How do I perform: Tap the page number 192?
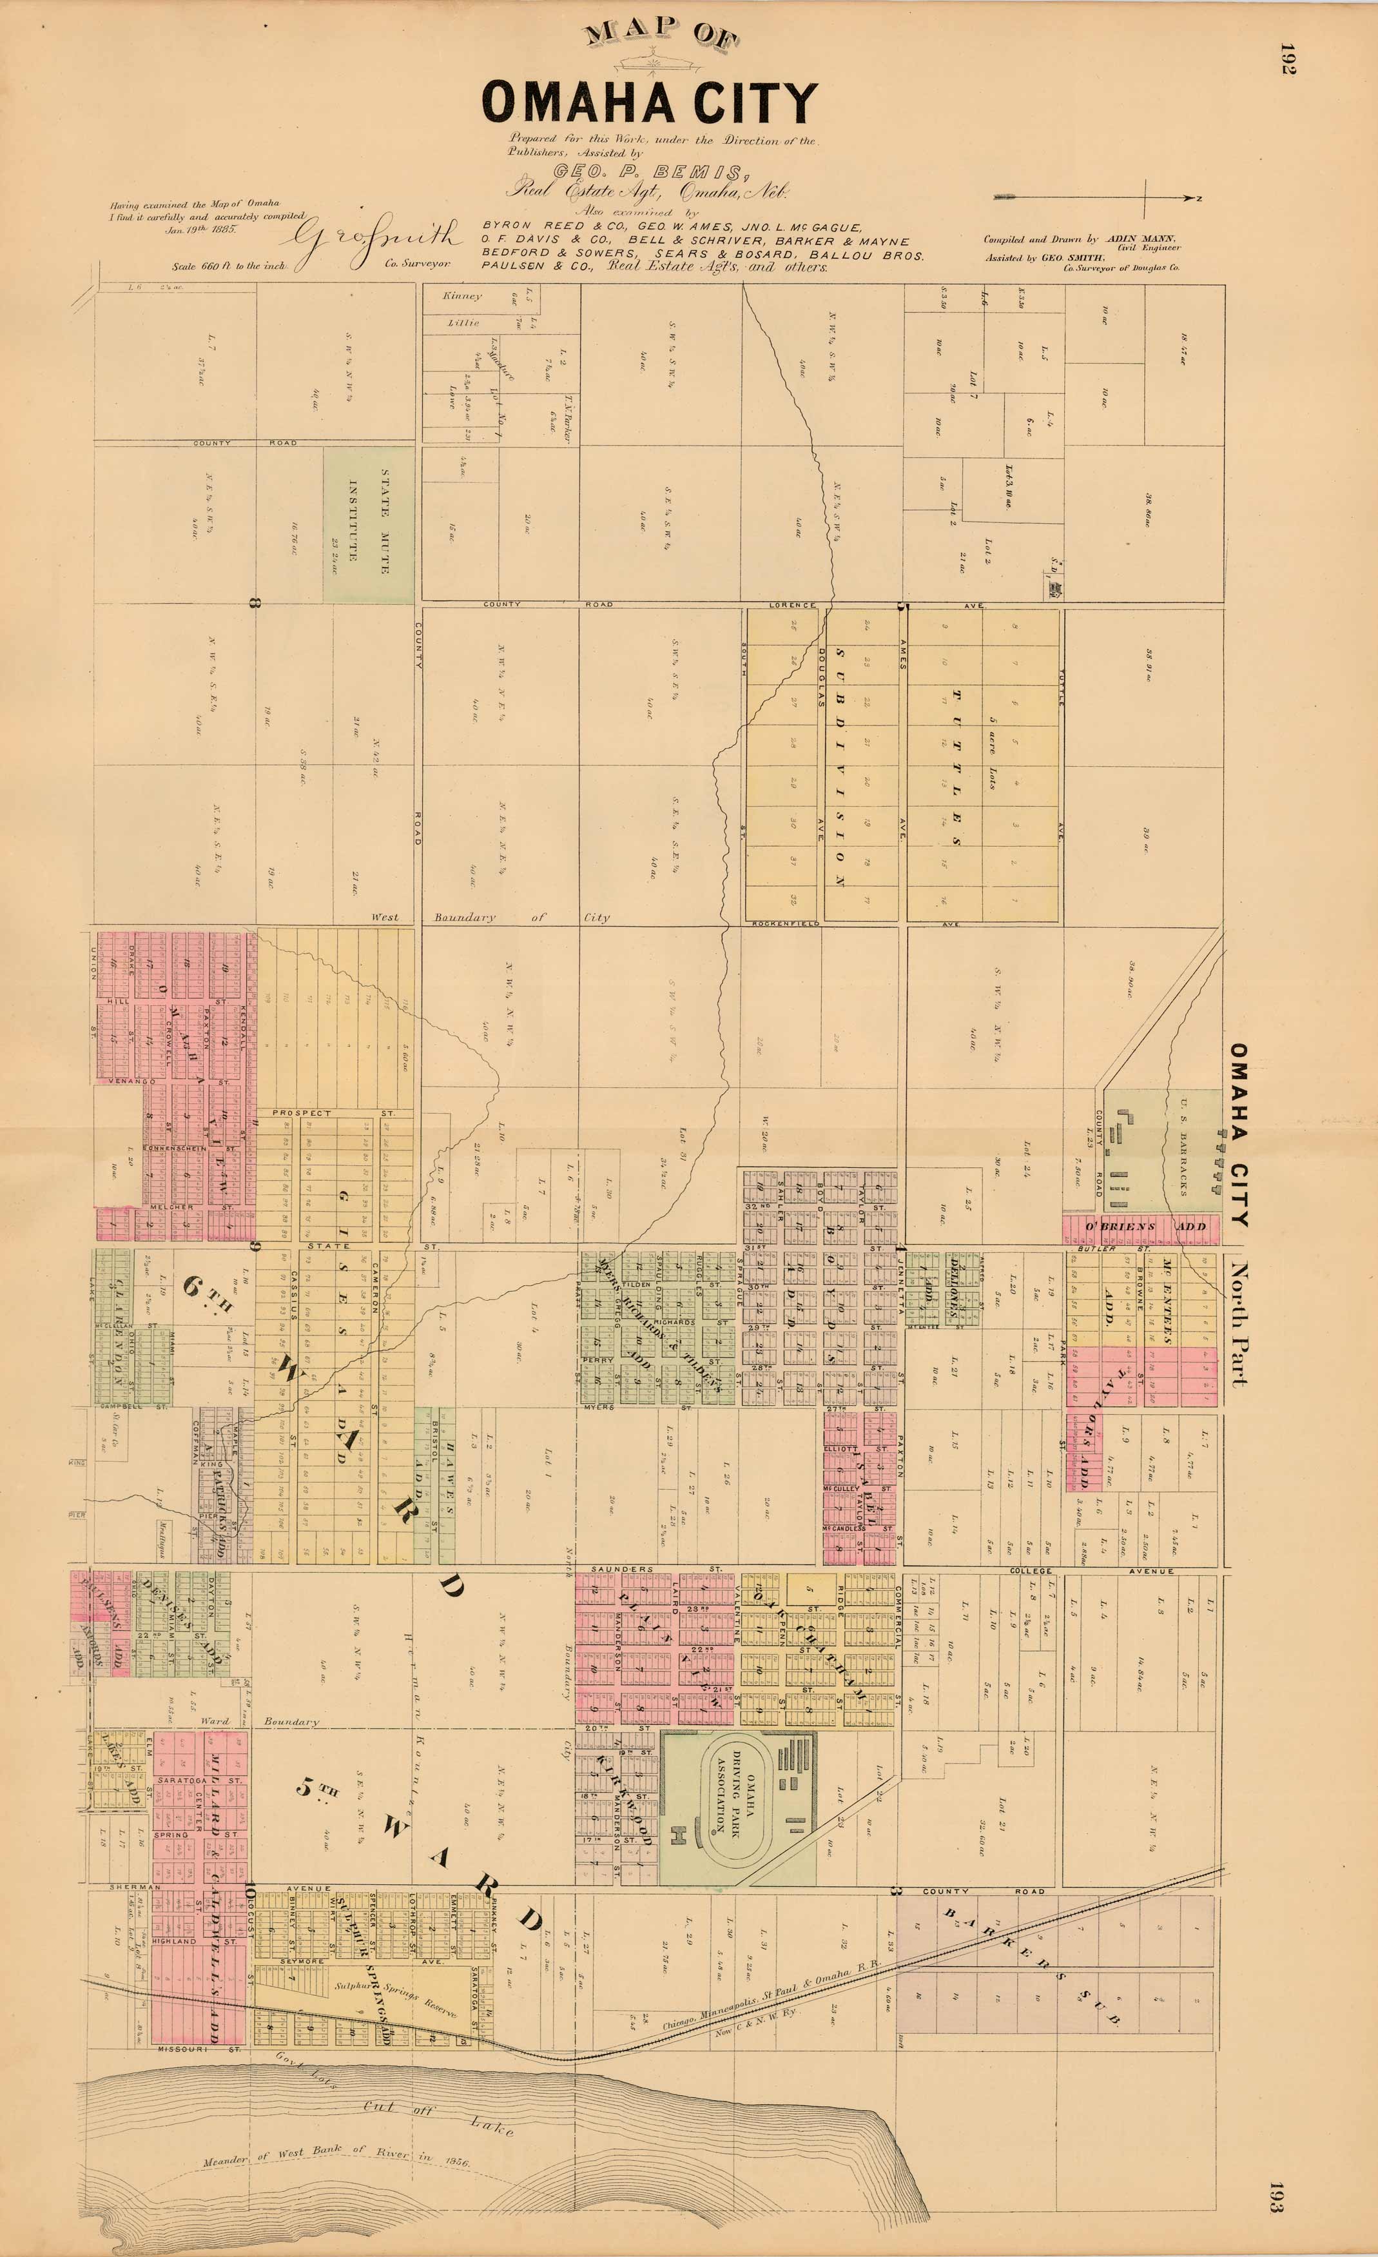[1287, 59]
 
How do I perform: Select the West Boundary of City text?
[490, 917]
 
